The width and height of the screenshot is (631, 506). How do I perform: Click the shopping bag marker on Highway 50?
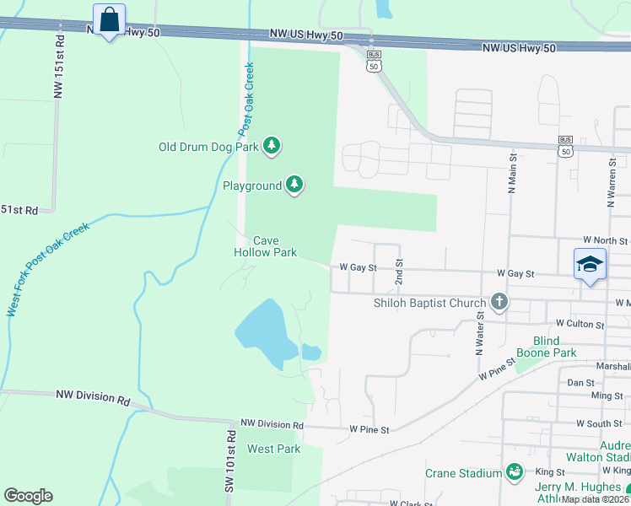click(x=109, y=20)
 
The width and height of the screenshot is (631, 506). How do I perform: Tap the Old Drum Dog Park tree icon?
click(x=272, y=147)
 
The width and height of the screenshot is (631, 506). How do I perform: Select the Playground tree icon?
click(x=294, y=185)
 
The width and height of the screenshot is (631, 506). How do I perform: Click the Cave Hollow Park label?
click(x=265, y=246)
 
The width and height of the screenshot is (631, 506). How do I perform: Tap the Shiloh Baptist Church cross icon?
click(x=499, y=303)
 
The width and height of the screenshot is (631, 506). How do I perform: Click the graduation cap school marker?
click(x=590, y=265)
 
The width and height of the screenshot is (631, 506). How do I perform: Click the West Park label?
click(x=273, y=449)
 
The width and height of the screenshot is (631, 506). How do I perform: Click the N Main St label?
click(x=511, y=173)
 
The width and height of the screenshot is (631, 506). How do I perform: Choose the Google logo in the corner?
click(x=28, y=496)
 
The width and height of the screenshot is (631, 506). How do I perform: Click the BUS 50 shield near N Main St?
click(x=565, y=146)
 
